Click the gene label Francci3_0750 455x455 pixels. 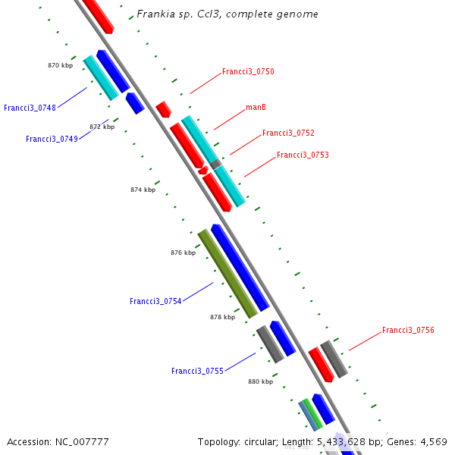pyautogui.click(x=248, y=72)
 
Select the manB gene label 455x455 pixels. pyautogui.click(x=256, y=108)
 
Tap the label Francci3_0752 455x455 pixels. pyautogui.click(x=288, y=133)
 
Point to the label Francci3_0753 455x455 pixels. pyautogui.click(x=303, y=155)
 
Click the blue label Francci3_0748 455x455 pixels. pyautogui.click(x=30, y=108)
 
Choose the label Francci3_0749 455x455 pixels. pyautogui.click(x=52, y=140)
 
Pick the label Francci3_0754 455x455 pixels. pyautogui.click(x=155, y=302)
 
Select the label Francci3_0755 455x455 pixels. pyautogui.click(x=197, y=372)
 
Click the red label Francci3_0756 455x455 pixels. pyautogui.click(x=408, y=331)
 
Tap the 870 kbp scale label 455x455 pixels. pyautogui.click(x=60, y=66)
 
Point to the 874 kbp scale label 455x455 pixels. pyautogui.click(x=143, y=190)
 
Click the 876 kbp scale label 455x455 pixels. pyautogui.click(x=183, y=253)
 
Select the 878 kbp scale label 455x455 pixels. pyautogui.click(x=222, y=318)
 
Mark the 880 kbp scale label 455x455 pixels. pyautogui.click(x=260, y=382)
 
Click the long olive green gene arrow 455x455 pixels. pyautogui.click(x=227, y=274)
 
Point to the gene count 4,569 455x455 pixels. pyautogui.click(x=432, y=442)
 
